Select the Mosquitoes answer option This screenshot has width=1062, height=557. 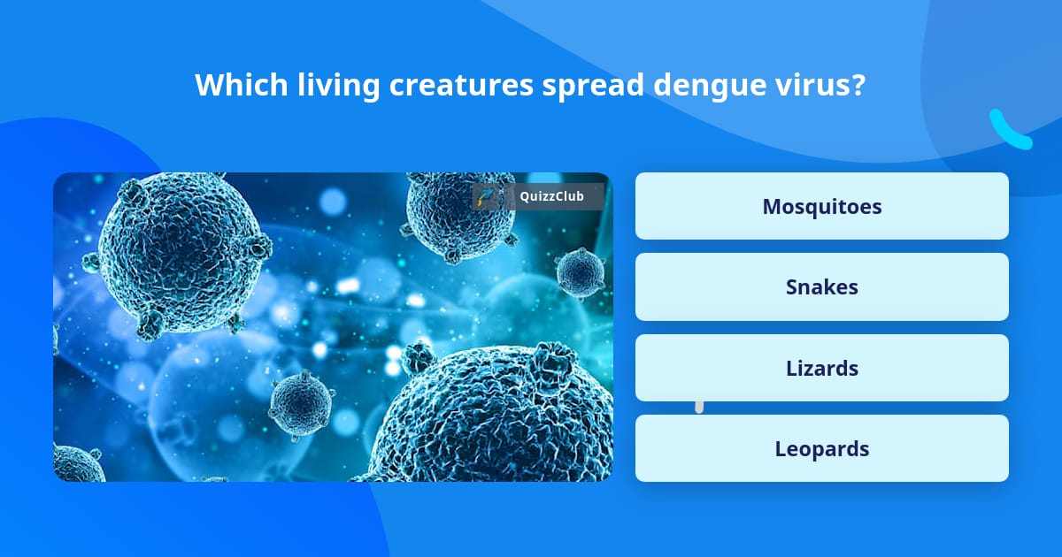tap(821, 206)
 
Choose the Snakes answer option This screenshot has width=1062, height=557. tap(821, 286)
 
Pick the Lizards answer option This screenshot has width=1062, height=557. tap(821, 368)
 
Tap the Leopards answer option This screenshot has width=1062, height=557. tap(821, 448)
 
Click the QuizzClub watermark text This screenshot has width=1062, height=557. tap(551, 196)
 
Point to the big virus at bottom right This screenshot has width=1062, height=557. tap(504, 416)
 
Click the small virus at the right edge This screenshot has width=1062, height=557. tap(580, 271)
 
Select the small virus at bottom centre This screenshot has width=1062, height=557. tap(300, 407)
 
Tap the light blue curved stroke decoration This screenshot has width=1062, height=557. tap(1010, 131)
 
